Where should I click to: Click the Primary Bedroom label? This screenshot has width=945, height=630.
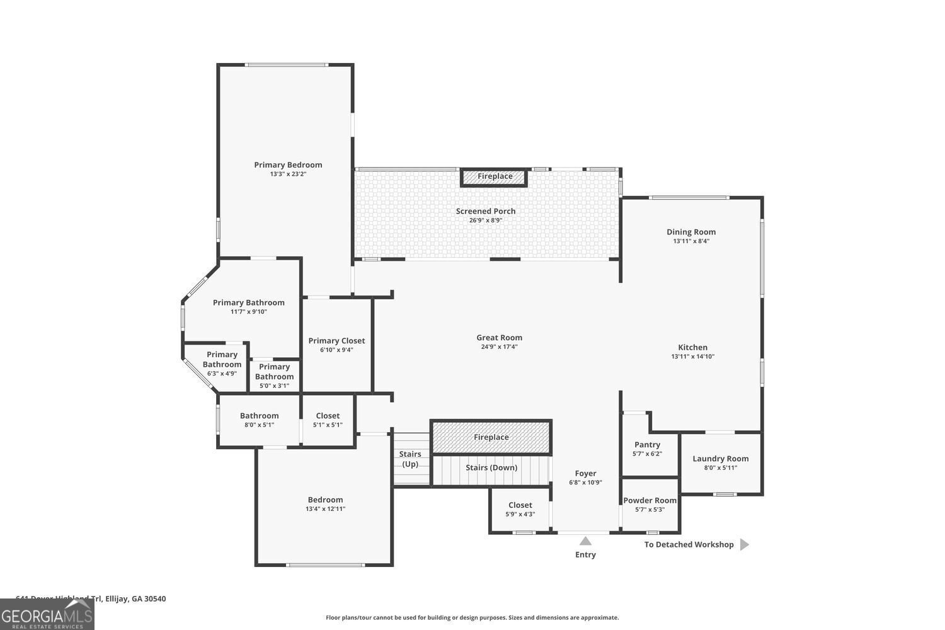pyautogui.click(x=288, y=165)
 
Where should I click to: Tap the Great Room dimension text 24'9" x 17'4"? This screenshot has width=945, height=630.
pyautogui.click(x=499, y=347)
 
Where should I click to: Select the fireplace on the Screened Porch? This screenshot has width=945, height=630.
pyautogui.click(x=495, y=177)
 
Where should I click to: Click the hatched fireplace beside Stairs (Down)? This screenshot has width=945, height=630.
pyautogui.click(x=491, y=437)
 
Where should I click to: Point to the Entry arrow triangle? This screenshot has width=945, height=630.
pyautogui.click(x=585, y=541)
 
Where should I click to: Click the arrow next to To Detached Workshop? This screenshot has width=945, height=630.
pyautogui.click(x=744, y=544)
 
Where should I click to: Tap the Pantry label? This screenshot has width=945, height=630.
pyautogui.click(x=647, y=445)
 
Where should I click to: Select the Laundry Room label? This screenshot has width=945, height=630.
pyautogui.click(x=720, y=459)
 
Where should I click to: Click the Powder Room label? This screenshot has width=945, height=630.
pyautogui.click(x=650, y=501)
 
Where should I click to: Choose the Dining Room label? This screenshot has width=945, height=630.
pyautogui.click(x=691, y=232)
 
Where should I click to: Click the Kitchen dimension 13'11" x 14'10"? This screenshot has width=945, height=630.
pyautogui.click(x=692, y=357)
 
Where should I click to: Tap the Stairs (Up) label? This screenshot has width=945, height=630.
pyautogui.click(x=410, y=459)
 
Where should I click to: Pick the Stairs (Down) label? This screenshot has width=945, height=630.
pyautogui.click(x=491, y=467)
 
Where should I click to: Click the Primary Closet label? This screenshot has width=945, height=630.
pyautogui.click(x=336, y=341)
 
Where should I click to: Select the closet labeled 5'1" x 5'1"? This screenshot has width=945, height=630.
pyautogui.click(x=328, y=420)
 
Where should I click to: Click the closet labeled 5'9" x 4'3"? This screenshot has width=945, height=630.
pyautogui.click(x=520, y=509)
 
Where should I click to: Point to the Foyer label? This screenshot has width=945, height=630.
pyautogui.click(x=585, y=474)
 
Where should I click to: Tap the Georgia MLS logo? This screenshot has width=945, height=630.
pyautogui.click(x=47, y=615)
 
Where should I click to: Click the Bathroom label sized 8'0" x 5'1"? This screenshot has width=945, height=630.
pyautogui.click(x=259, y=416)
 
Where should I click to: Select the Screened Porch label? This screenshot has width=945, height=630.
pyautogui.click(x=486, y=211)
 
